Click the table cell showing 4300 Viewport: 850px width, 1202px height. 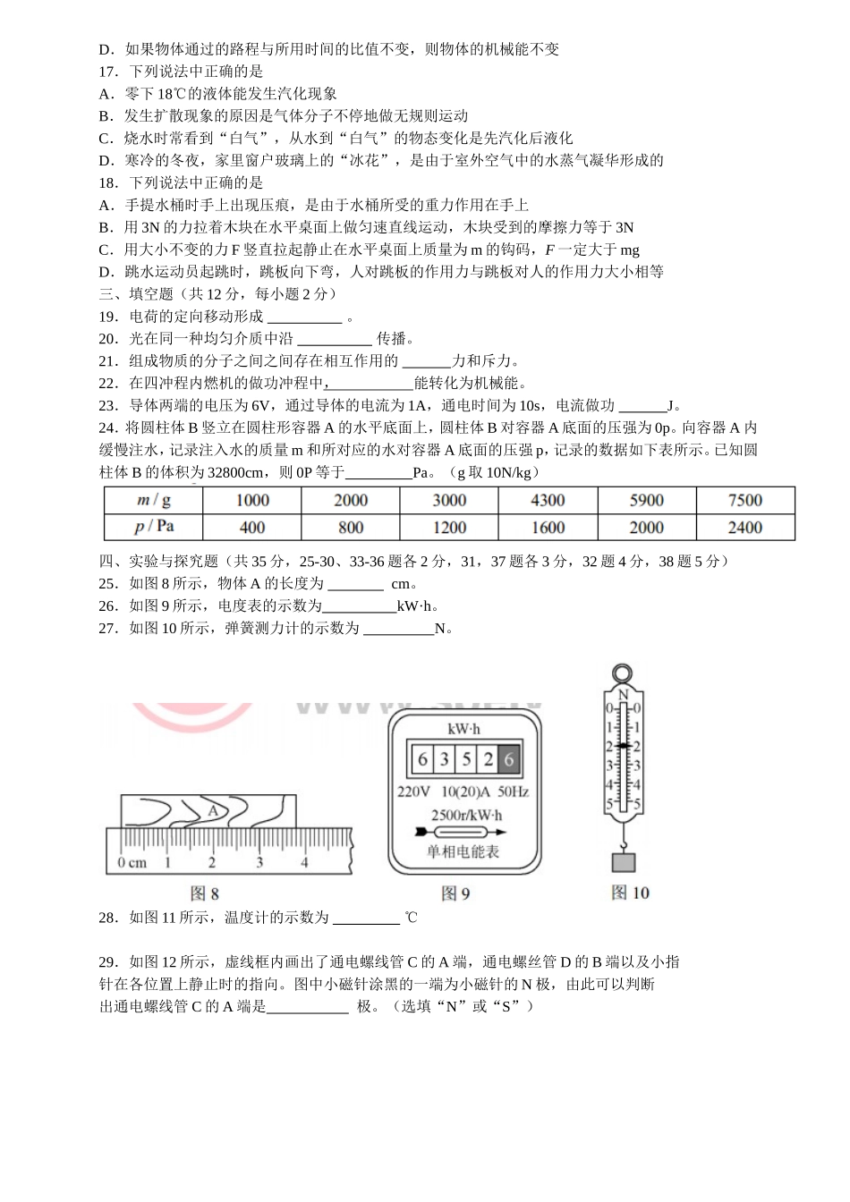(548, 501)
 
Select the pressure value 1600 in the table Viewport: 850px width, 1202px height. (548, 528)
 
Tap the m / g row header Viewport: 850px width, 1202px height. (153, 501)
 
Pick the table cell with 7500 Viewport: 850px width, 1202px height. (744, 501)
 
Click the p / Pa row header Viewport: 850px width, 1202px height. (153, 528)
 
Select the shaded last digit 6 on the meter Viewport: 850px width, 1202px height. (509, 759)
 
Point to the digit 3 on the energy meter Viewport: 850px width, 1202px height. (445, 759)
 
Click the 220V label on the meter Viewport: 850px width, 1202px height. (413, 792)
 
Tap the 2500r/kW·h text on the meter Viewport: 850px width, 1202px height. (466, 815)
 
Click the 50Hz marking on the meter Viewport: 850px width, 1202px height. (513, 792)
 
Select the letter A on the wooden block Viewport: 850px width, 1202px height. (213, 810)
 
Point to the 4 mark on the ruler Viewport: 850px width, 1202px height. (304, 863)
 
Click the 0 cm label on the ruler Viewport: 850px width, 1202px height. (132, 863)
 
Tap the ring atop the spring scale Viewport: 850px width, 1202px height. (620, 673)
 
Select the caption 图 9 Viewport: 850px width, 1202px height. (455, 893)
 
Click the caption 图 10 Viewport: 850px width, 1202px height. (630, 893)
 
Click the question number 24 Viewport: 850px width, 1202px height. (108, 428)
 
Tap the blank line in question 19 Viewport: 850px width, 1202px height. (304, 317)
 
